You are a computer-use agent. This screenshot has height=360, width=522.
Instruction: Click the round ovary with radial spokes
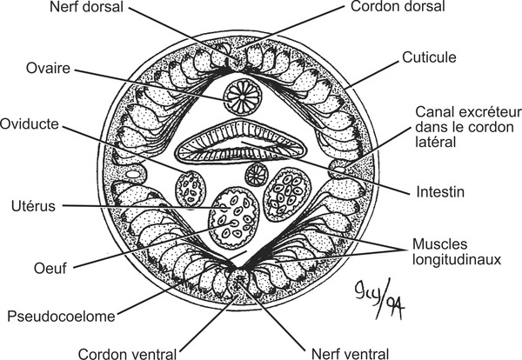click(239, 94)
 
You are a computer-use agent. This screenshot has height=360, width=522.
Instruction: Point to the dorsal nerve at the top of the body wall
click(237, 59)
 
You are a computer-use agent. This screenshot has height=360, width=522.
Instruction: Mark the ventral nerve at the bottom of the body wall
click(238, 280)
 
